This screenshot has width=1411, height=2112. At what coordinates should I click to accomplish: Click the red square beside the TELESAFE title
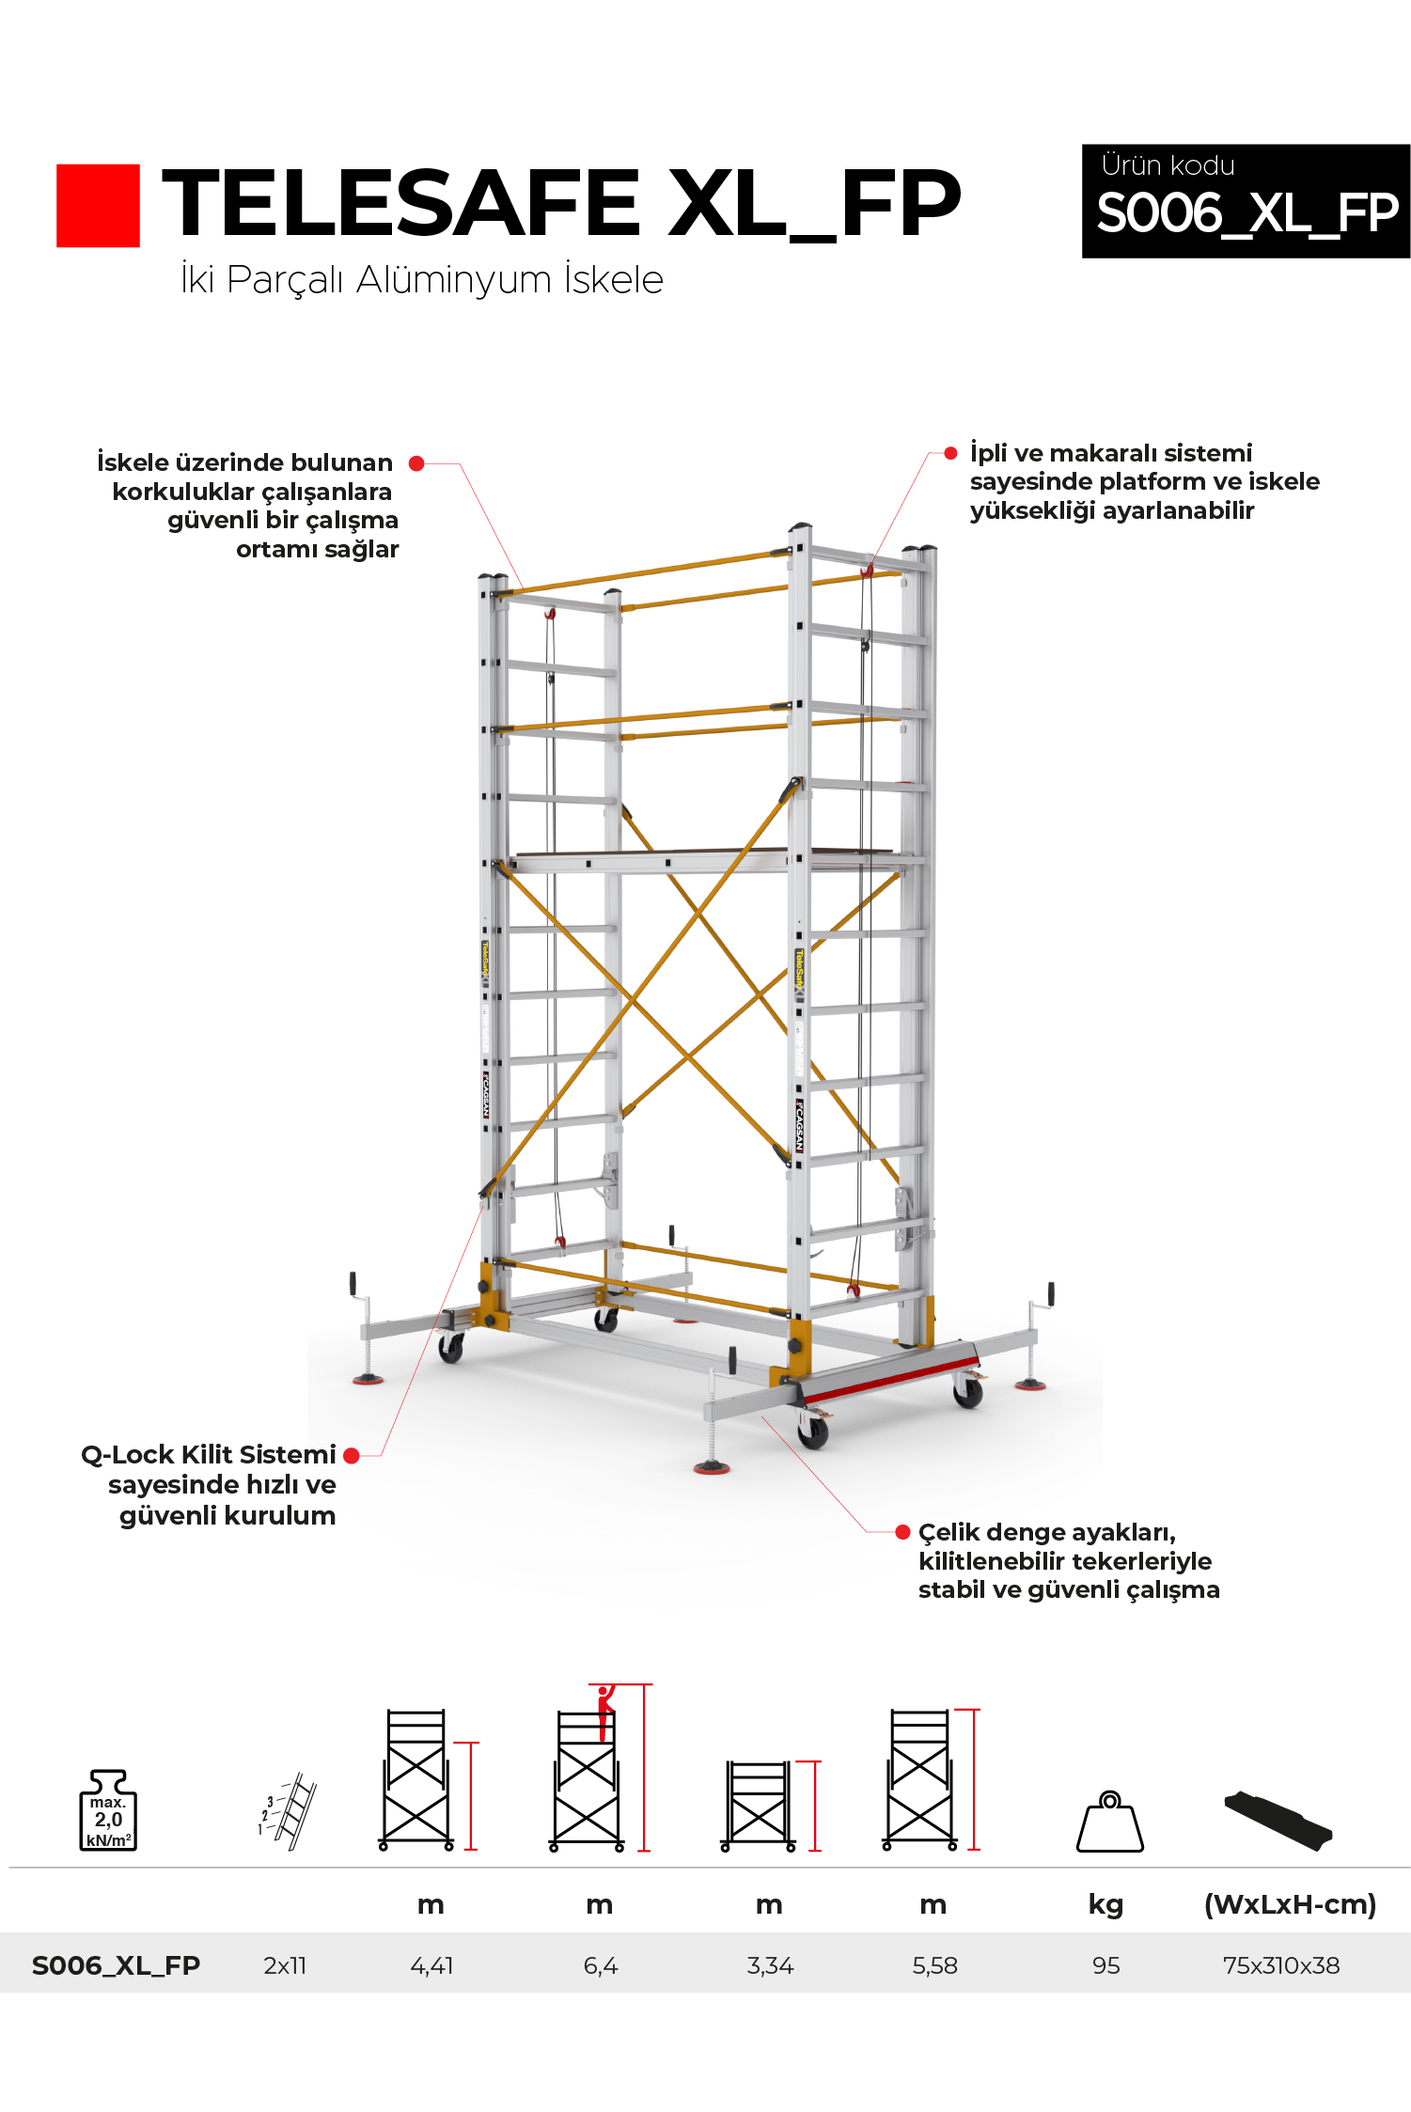pos(98,206)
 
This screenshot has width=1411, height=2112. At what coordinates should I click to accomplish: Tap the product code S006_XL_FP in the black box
pos(1246,213)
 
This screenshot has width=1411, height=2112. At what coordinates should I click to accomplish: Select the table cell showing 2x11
pos(285,1965)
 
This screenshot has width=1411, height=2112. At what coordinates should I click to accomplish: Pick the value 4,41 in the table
pos(431,1965)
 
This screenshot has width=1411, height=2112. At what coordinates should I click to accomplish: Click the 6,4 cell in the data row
pos(601,1965)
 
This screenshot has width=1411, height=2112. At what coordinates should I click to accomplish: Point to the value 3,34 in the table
pos(770,1965)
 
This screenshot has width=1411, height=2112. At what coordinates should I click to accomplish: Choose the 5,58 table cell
pos(934,1965)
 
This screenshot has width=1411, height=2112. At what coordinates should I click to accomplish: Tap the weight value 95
pos(1106,1965)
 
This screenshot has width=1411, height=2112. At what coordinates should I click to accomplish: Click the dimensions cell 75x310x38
pos(1281,1965)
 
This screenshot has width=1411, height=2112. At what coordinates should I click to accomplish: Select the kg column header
pos(1106,1905)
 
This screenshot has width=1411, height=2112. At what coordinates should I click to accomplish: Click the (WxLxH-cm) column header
pos(1290,1905)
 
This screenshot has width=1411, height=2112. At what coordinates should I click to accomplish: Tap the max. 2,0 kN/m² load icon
pos(108,1811)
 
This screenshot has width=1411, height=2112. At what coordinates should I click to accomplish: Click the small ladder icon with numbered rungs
pos(289,1811)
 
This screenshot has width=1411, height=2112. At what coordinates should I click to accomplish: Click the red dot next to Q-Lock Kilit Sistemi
pos(352,1456)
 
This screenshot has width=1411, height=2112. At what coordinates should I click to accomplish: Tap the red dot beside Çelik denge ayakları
pos(902,1533)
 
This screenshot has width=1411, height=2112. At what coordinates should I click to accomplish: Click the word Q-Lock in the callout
pos(127,1455)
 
